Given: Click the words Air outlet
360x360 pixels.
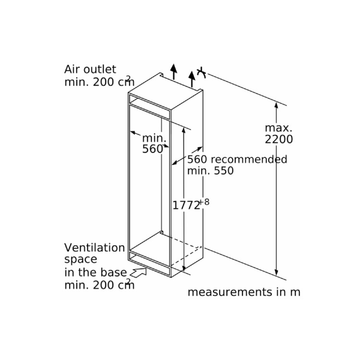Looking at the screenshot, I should click(90, 69).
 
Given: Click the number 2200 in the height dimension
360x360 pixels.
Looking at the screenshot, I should click(278, 140).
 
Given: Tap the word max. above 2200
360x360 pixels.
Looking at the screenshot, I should click(278, 128).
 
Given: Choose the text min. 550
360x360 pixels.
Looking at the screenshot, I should click(210, 170).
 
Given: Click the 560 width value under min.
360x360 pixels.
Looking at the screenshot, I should click(153, 149).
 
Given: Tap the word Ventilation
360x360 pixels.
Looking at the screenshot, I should click(95, 248).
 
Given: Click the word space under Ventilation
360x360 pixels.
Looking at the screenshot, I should click(81, 259).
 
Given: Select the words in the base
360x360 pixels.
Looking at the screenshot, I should click(96, 272).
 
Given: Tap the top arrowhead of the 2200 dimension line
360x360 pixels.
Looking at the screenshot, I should click(276, 104).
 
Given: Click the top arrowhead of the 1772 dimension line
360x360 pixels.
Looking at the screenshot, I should click(184, 129).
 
